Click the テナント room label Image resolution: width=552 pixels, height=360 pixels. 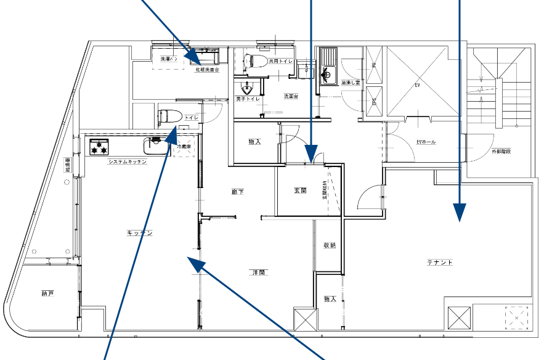(x=440, y=263)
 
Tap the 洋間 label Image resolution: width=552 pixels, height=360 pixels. (x=258, y=272)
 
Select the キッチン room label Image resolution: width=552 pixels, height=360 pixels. (x=140, y=232)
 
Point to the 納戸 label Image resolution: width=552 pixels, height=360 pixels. (x=47, y=293)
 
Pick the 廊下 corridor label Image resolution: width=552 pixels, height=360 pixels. (x=238, y=192)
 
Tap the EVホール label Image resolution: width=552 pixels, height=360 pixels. (x=426, y=142)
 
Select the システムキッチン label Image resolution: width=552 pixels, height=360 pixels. (x=127, y=162)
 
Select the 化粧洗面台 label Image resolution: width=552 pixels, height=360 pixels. (x=207, y=70)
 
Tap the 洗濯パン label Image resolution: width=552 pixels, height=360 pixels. (x=168, y=60)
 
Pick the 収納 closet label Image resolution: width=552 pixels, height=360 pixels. (x=330, y=245)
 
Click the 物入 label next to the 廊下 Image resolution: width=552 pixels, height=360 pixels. (x=254, y=142)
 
